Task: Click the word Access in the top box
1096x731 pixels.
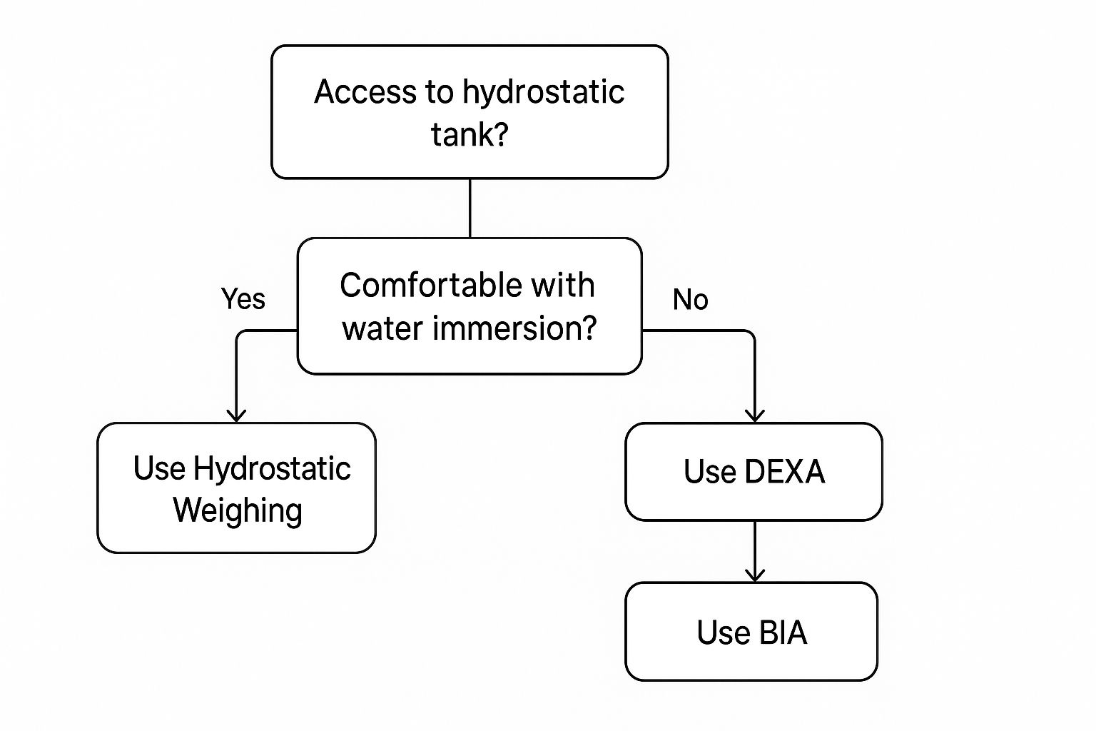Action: pyautogui.click(x=355, y=92)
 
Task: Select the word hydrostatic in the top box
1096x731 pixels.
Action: pyautogui.click(x=543, y=92)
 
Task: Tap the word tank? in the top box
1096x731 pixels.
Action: pyautogui.click(x=470, y=133)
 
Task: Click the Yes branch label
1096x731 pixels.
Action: pyautogui.click(x=243, y=299)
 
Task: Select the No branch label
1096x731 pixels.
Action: pyautogui.click(x=690, y=300)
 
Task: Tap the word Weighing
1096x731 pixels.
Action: pyautogui.click(x=238, y=510)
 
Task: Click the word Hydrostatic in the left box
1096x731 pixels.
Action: pyautogui.click(x=272, y=469)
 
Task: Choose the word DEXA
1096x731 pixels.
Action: pyautogui.click(x=784, y=472)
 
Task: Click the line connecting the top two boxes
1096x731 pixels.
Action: pyautogui.click(x=470, y=208)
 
